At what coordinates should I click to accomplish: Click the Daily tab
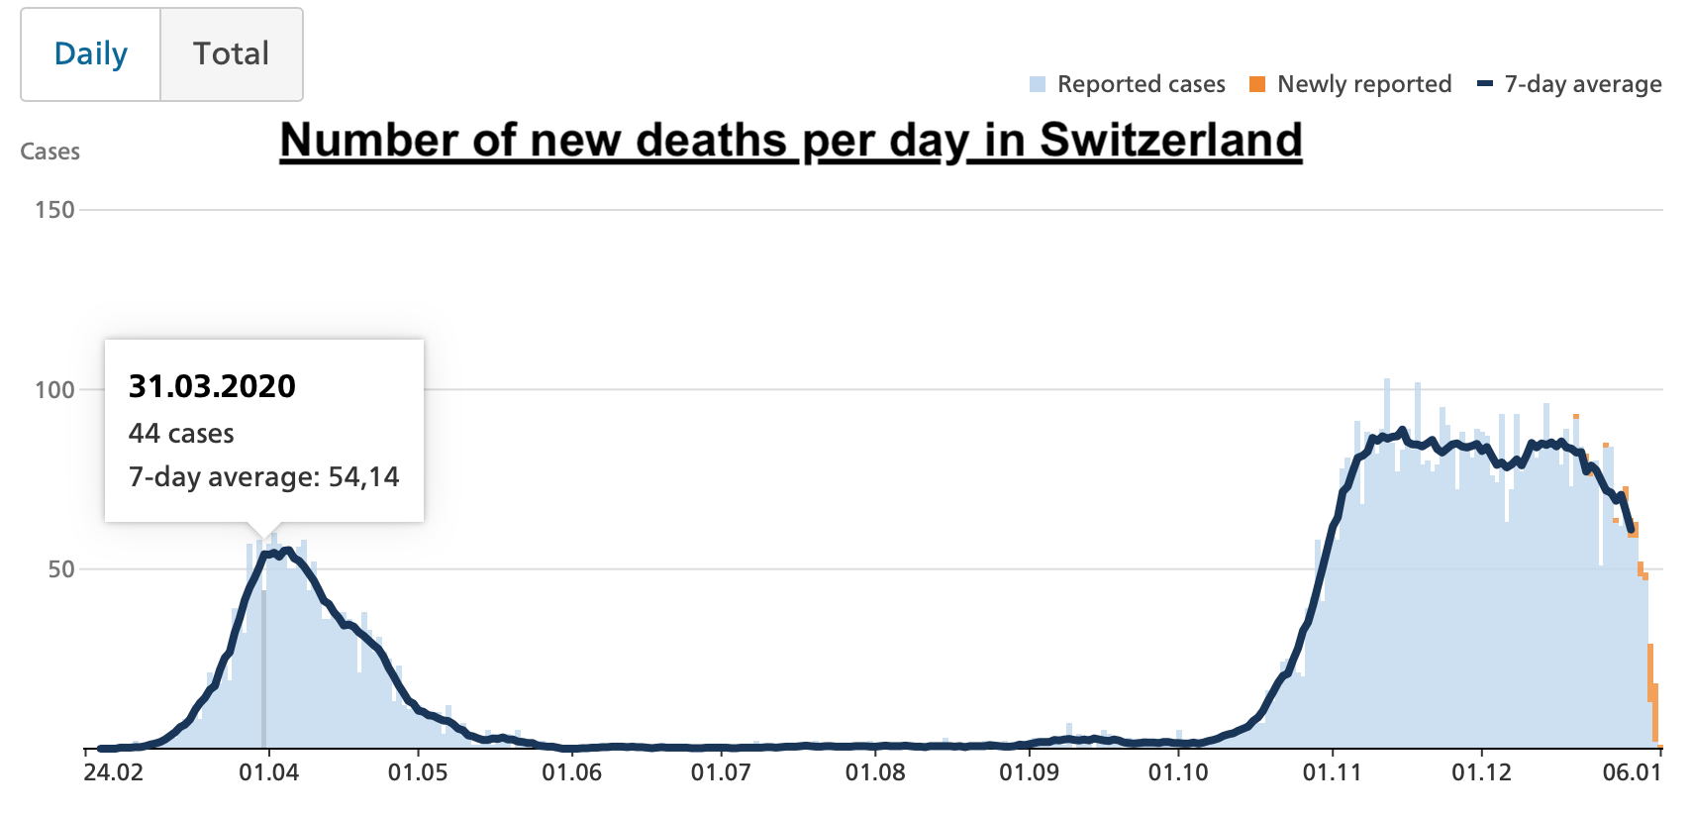[91, 54]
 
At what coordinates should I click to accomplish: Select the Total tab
[231, 54]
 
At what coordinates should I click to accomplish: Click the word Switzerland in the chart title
[1170, 141]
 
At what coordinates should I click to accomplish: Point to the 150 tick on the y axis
[54, 210]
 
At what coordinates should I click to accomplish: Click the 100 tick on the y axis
[54, 390]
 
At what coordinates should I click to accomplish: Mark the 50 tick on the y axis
[61, 569]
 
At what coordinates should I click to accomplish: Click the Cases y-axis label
[50, 152]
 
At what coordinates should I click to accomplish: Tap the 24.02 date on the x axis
[113, 772]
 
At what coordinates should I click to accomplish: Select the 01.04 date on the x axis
[268, 772]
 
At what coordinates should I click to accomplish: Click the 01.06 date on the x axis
[571, 772]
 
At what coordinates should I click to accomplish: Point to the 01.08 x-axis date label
[874, 772]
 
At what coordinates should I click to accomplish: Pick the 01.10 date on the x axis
[1178, 772]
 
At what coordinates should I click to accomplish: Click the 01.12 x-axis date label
[1481, 772]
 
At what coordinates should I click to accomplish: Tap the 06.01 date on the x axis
[1632, 772]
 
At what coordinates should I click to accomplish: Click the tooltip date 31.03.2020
[212, 386]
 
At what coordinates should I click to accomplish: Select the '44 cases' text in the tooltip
[181, 434]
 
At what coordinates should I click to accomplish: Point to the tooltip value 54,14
[363, 477]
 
